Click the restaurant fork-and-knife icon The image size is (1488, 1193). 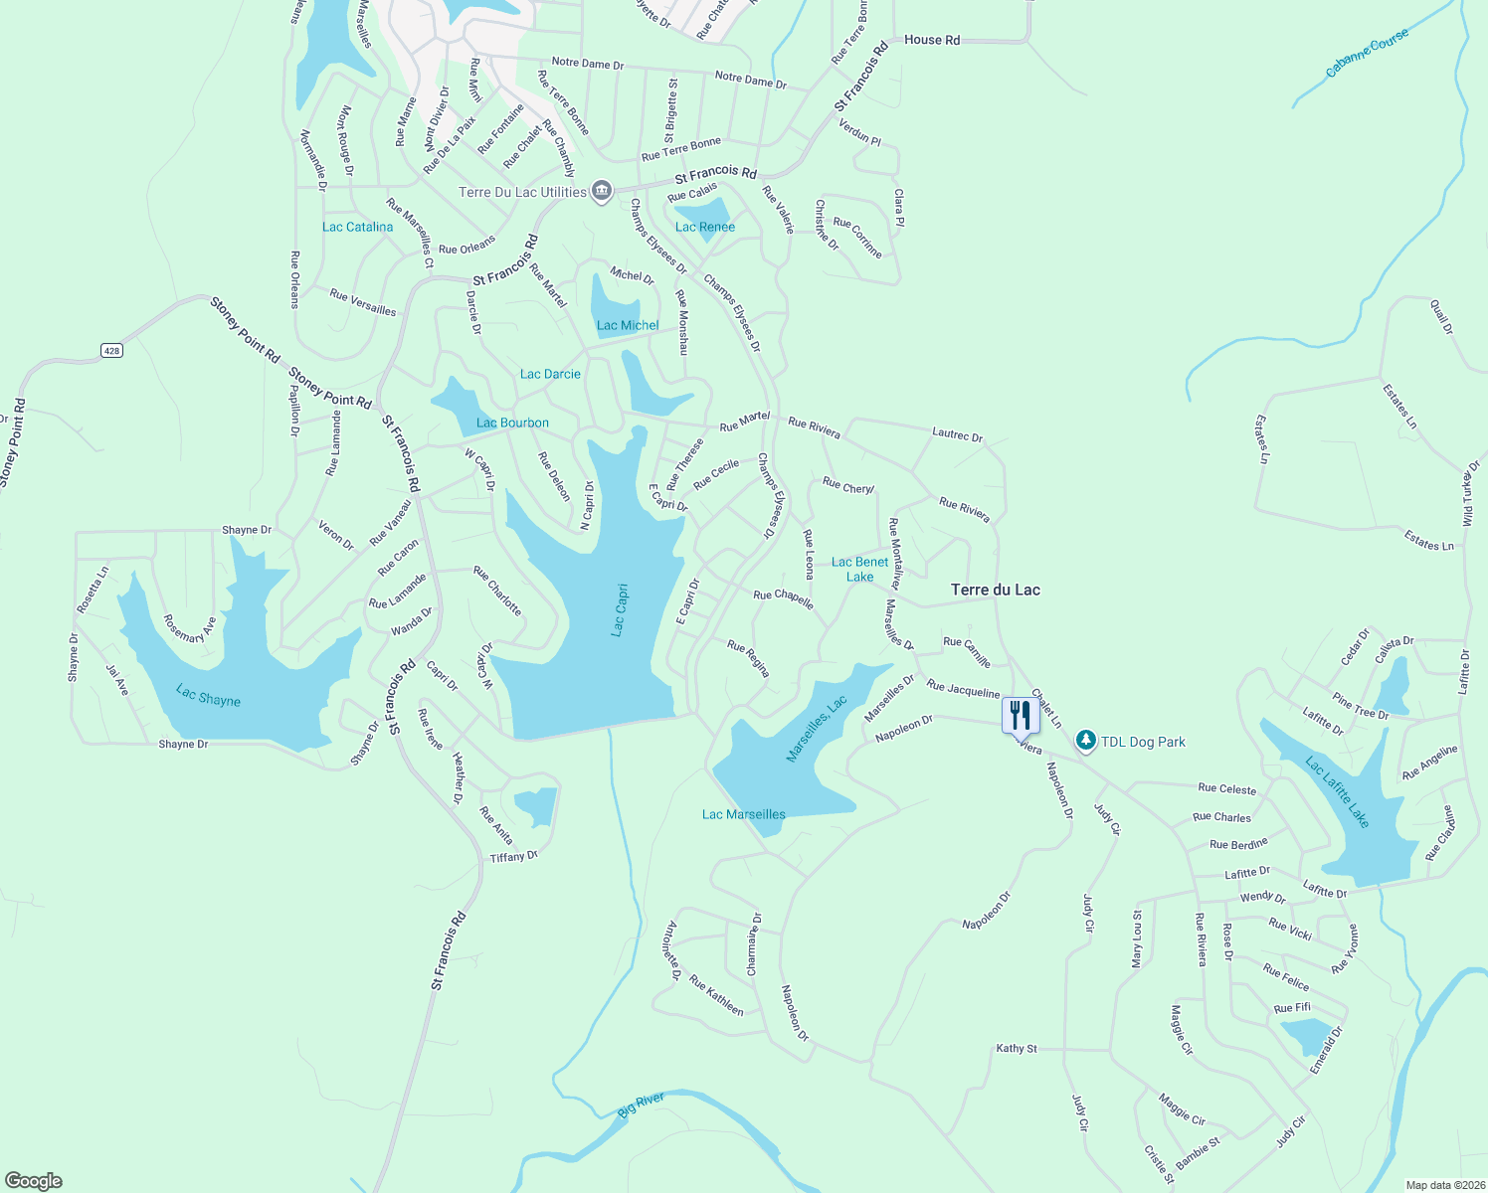(1021, 715)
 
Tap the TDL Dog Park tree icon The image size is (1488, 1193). (1086, 742)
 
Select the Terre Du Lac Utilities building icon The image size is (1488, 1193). (601, 191)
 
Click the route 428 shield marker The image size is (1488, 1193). (111, 350)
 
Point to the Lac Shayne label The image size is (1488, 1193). (208, 695)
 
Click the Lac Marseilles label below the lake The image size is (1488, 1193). (744, 814)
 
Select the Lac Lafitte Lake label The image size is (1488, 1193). (1338, 792)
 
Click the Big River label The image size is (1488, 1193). (641, 1106)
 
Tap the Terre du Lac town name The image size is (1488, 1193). (996, 590)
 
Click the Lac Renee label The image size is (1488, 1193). (705, 227)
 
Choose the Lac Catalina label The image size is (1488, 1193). (358, 227)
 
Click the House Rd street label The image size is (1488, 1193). (932, 40)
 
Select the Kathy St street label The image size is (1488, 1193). (1017, 1048)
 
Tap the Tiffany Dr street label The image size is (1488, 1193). (514, 856)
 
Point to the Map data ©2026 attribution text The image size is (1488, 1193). (1444, 1185)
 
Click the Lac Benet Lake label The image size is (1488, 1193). (860, 569)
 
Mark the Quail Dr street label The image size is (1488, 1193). (1441, 316)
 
